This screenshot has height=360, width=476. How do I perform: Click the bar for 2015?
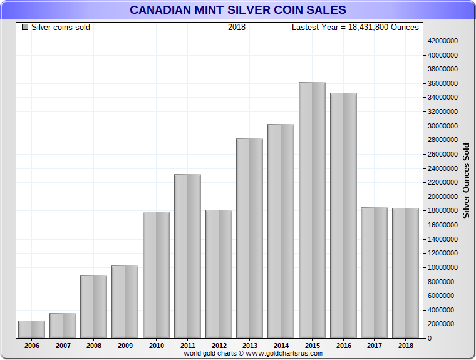click(x=312, y=210)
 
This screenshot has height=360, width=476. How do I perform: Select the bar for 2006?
click(x=31, y=329)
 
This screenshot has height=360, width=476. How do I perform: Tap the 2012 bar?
click(x=219, y=274)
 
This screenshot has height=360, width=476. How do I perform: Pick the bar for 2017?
click(x=375, y=272)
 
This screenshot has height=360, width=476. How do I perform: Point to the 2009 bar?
click(x=125, y=302)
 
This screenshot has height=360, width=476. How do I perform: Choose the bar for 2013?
click(x=249, y=238)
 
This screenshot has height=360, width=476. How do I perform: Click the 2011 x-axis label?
click(x=187, y=345)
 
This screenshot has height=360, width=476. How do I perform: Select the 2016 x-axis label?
click(x=343, y=345)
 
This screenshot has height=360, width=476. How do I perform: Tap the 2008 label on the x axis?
click(x=93, y=345)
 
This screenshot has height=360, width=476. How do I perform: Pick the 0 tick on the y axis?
click(x=429, y=338)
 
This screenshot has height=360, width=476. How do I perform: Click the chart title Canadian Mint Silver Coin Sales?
click(x=237, y=10)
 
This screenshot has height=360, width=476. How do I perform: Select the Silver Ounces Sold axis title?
click(x=466, y=180)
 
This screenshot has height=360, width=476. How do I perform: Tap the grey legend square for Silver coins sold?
click(x=25, y=28)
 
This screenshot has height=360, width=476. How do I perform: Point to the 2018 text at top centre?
click(x=237, y=28)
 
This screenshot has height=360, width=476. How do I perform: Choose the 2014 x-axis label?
click(x=281, y=345)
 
